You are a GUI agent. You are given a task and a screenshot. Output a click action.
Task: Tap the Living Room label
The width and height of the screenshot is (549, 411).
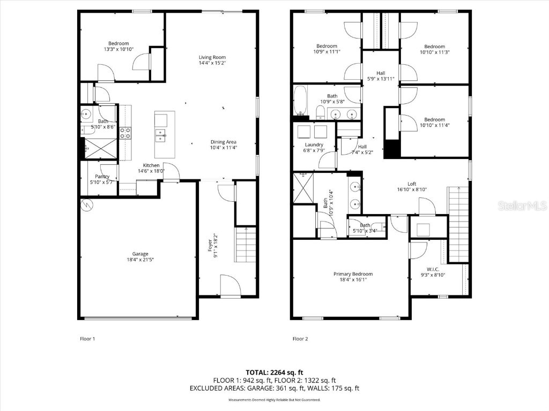pyautogui.click(x=212, y=57)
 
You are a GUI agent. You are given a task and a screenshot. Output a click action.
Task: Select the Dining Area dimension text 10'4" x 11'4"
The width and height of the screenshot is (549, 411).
pyautogui.click(x=224, y=148)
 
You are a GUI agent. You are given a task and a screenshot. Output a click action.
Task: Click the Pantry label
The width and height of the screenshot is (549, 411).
pyautogui.click(x=102, y=177)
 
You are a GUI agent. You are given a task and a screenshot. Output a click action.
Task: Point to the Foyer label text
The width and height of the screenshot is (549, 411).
pyautogui.click(x=212, y=245)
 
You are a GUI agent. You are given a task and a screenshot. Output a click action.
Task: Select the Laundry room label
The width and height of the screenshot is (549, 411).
pyautogui.click(x=314, y=144)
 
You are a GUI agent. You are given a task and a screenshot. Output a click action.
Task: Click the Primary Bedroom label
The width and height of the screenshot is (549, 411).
pyautogui.click(x=353, y=274)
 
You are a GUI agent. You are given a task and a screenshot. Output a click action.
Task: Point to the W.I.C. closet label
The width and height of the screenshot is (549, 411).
pyautogui.click(x=433, y=269)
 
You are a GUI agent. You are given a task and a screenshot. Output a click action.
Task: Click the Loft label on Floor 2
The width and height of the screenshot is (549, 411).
pyautogui.click(x=411, y=183)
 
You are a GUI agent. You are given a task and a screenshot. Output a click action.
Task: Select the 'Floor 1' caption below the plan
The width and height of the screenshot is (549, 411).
pyautogui.click(x=87, y=339)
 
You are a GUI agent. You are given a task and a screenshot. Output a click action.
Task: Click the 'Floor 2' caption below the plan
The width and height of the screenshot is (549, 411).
pyautogui.click(x=301, y=339)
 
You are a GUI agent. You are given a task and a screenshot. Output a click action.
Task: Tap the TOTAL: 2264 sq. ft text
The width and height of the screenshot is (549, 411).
pyautogui.click(x=274, y=372)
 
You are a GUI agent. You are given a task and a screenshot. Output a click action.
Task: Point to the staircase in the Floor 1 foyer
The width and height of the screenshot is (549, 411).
pyautogui.click(x=245, y=245)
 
